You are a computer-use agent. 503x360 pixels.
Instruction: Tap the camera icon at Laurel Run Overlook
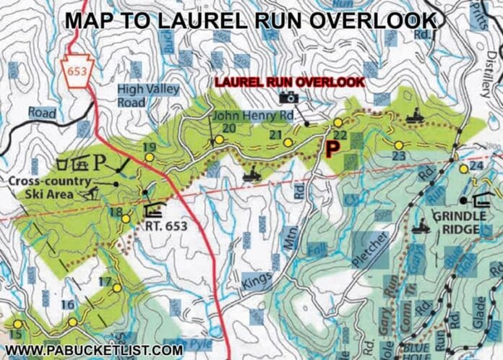coord(289,98)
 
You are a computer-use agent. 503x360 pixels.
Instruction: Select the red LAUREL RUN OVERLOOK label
coord(289,82)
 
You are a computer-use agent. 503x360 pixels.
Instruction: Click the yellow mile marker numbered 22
coord(338,123)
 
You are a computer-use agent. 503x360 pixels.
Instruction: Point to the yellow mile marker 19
coord(149,157)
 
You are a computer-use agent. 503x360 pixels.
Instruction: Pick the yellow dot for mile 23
coord(398,145)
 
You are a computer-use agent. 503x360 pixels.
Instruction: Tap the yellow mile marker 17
coord(117,288)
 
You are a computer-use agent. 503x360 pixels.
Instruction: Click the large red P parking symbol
coord(332,149)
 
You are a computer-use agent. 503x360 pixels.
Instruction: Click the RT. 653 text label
coord(165,226)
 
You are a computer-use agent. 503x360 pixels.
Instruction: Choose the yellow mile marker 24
coord(463,168)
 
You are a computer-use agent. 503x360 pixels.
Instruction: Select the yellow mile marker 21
coord(288,142)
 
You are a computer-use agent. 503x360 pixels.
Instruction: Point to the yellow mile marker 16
coord(73,322)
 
